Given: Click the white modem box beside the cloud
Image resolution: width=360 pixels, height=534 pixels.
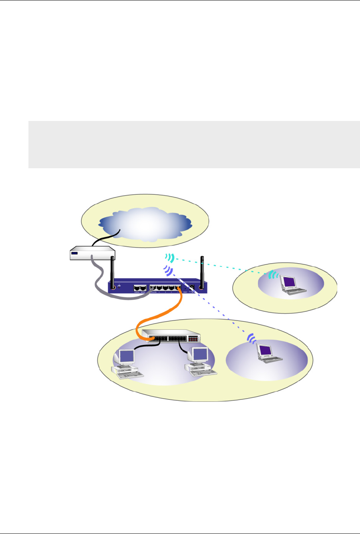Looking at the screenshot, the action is (92, 253).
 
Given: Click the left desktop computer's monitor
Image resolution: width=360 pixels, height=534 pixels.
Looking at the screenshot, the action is (127, 356).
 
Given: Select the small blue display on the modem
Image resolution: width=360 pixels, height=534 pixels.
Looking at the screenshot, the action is (75, 253).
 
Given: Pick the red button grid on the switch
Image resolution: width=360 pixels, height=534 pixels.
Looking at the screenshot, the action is (193, 339).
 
